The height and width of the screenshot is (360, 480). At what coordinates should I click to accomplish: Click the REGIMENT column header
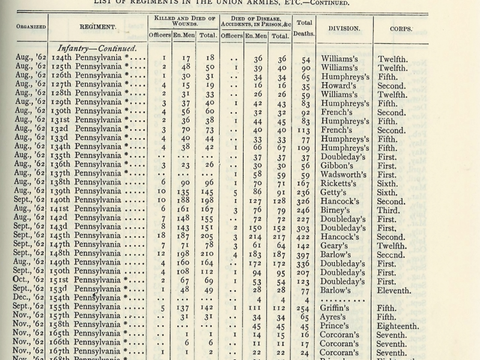pyautogui.click(x=98, y=28)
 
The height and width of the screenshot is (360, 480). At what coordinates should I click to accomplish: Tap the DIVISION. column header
pyautogui.click(x=344, y=28)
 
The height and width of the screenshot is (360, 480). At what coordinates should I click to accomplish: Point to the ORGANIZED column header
pyautogui.click(x=24, y=26)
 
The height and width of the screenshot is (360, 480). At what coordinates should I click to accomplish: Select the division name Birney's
pyautogui.click(x=338, y=211)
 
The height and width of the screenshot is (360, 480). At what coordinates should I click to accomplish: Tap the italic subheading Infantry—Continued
pyautogui.click(x=96, y=48)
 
